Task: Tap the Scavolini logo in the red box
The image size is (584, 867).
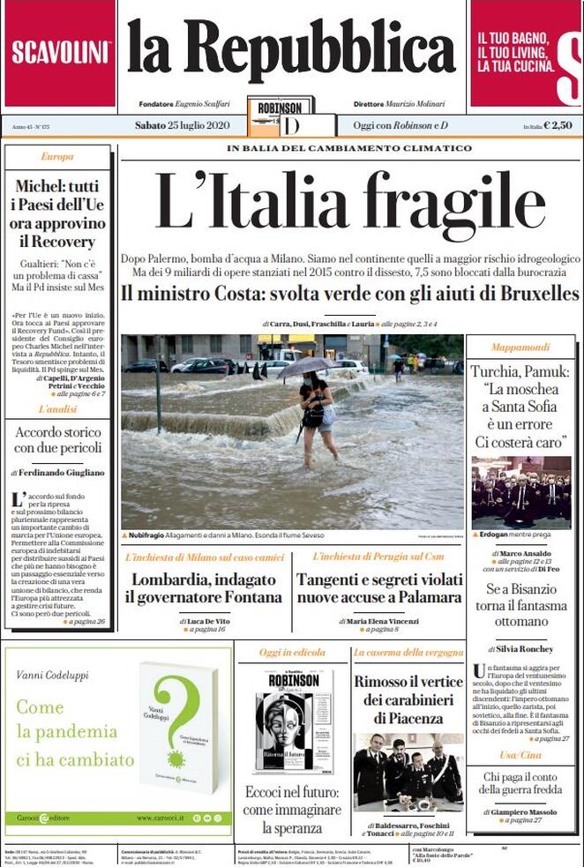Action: [60, 51]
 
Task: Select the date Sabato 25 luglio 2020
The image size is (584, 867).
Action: [182, 125]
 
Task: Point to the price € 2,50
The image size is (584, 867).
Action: [558, 125]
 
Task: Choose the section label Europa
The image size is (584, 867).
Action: [57, 157]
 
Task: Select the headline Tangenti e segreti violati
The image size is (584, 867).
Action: [379, 579]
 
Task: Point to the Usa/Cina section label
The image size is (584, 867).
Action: [520, 756]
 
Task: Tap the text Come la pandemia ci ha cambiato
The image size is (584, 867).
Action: [75, 733]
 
